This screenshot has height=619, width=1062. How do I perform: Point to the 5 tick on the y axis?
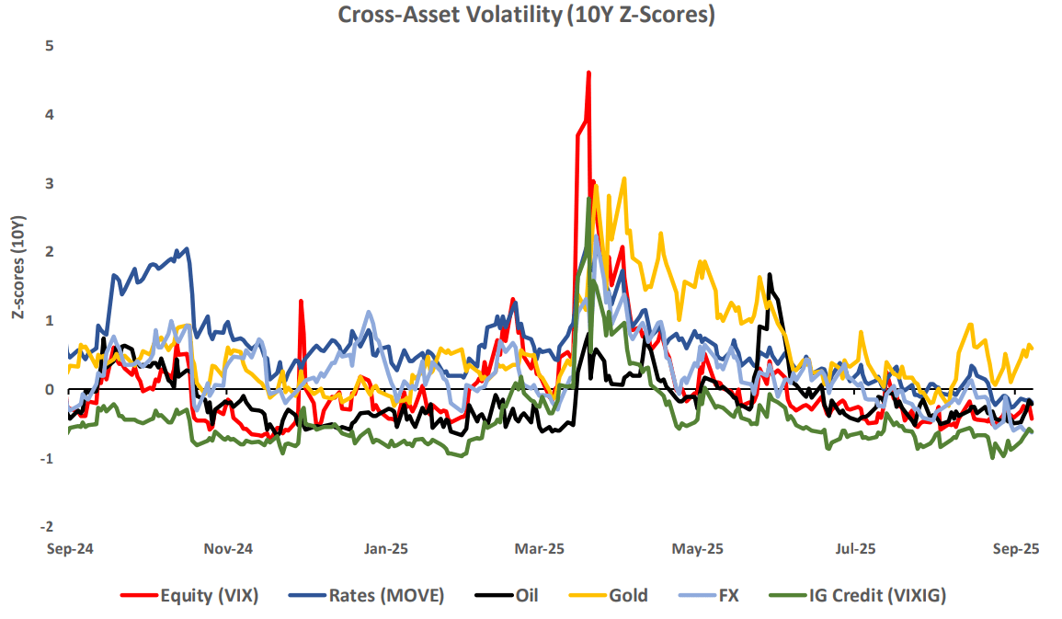click(x=49, y=46)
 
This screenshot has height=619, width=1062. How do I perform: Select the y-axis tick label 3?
click(x=49, y=184)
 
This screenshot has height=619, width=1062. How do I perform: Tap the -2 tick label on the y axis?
click(x=47, y=528)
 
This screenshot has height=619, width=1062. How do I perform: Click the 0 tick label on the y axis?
click(x=49, y=390)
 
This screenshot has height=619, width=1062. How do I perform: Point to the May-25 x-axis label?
click(x=698, y=549)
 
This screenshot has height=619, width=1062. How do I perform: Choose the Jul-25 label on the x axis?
click(x=855, y=549)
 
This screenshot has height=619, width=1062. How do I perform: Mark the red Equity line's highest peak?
click(x=588, y=73)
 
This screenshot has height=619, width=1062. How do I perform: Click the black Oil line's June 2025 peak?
click(x=769, y=275)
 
